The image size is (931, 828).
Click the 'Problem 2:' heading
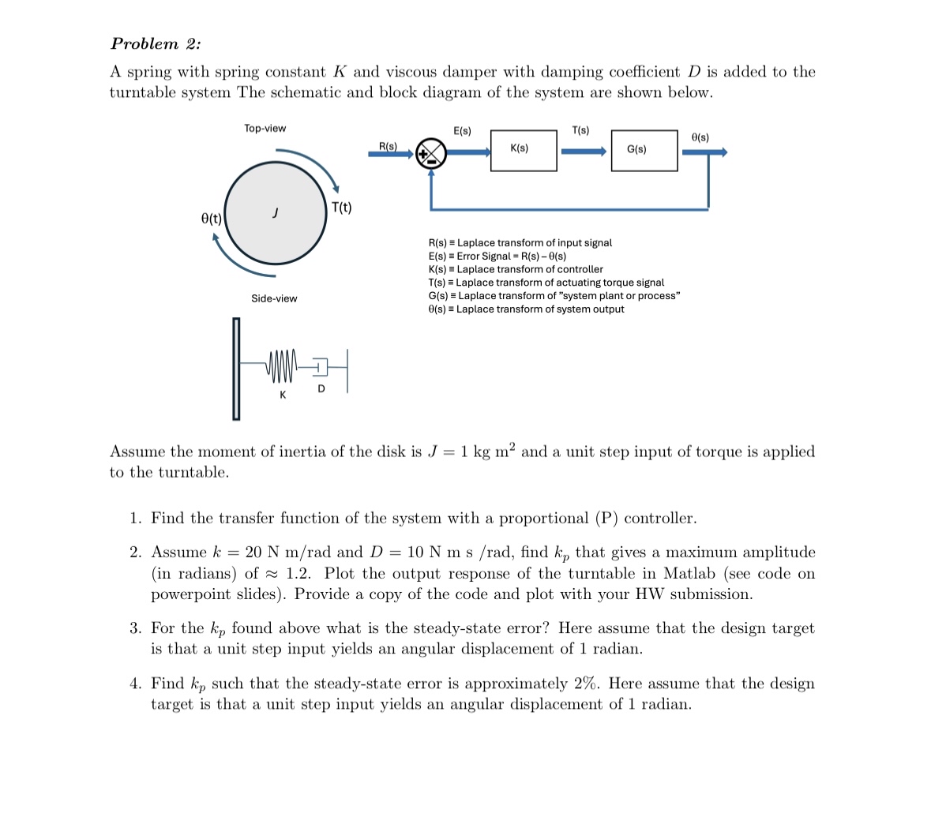coord(156,43)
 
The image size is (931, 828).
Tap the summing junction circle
coord(431,153)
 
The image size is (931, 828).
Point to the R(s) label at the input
coord(388,146)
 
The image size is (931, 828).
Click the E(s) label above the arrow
coord(462,130)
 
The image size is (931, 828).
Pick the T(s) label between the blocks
coord(580,130)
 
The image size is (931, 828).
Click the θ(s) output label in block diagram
coord(700,137)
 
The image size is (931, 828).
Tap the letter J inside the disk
coord(275,212)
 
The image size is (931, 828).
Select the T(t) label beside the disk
coord(342,208)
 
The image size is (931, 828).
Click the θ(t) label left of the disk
coord(211,218)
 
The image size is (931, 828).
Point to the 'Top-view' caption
coord(265,128)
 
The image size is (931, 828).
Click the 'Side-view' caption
coord(274,298)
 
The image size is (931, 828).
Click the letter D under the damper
coord(321,388)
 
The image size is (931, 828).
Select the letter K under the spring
coord(283,395)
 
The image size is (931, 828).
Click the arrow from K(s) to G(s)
coord(584,151)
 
